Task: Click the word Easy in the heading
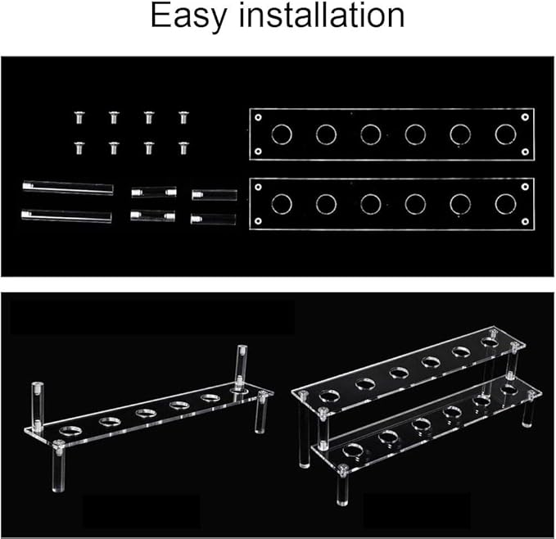(x=188, y=16)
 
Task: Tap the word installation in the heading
(x=322, y=15)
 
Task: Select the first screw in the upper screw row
(x=79, y=117)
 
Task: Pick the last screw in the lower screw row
(x=183, y=148)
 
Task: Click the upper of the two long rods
(x=68, y=188)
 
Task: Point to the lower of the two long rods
(x=66, y=216)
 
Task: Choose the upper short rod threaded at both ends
(x=154, y=192)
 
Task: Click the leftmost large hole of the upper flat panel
(x=282, y=134)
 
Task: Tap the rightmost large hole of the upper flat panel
(x=506, y=134)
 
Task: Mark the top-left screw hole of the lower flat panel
(x=258, y=187)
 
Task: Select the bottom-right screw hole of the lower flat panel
(x=525, y=222)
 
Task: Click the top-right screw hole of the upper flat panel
(x=525, y=117)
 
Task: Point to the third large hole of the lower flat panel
(x=371, y=204)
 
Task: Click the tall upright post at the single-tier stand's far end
(x=242, y=368)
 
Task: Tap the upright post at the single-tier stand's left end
(x=38, y=405)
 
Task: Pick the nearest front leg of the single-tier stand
(x=58, y=466)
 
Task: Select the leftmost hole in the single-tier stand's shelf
(x=70, y=430)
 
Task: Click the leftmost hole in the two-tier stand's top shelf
(x=329, y=396)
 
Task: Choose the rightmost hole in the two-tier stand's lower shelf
(x=509, y=389)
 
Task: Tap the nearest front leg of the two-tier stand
(x=341, y=485)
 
